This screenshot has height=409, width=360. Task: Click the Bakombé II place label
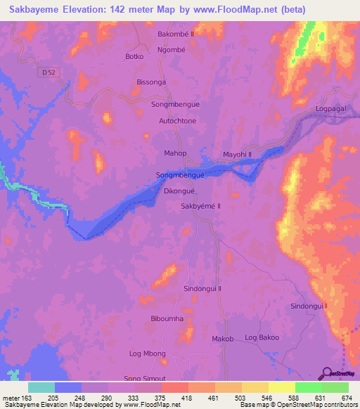175,33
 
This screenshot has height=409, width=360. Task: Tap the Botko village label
134,56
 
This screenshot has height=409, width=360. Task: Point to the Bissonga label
151,82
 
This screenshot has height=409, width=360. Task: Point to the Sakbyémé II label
201,206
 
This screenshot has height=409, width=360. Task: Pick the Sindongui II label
202,288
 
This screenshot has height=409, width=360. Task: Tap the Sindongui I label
309,306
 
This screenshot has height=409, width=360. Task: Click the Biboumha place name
167,318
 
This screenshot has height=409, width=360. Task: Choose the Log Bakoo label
262,338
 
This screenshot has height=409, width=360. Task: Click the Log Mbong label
148,353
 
